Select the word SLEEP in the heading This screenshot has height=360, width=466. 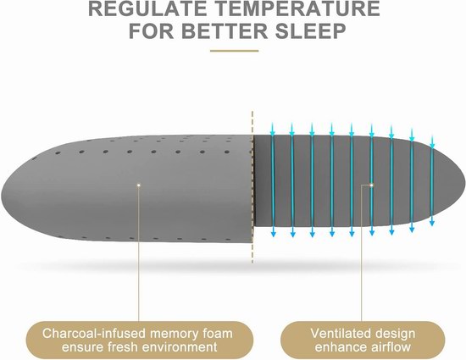pos(311,30)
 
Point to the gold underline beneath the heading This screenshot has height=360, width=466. pos(234,51)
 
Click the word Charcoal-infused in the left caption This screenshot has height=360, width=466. pos(94,333)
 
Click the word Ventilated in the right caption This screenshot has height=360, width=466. pos(336,333)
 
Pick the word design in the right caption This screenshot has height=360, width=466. pos(391,334)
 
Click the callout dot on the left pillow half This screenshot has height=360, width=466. pos(138,186)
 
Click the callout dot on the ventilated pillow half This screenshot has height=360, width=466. pos(371,185)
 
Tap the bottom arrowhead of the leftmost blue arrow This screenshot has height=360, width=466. pos(273,234)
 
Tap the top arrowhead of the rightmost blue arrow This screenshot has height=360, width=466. pos(432,145)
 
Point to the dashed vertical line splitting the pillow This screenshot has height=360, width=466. pos(252,187)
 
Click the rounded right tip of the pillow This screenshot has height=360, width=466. pos(463,182)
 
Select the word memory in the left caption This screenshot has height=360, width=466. pos(173,334)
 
